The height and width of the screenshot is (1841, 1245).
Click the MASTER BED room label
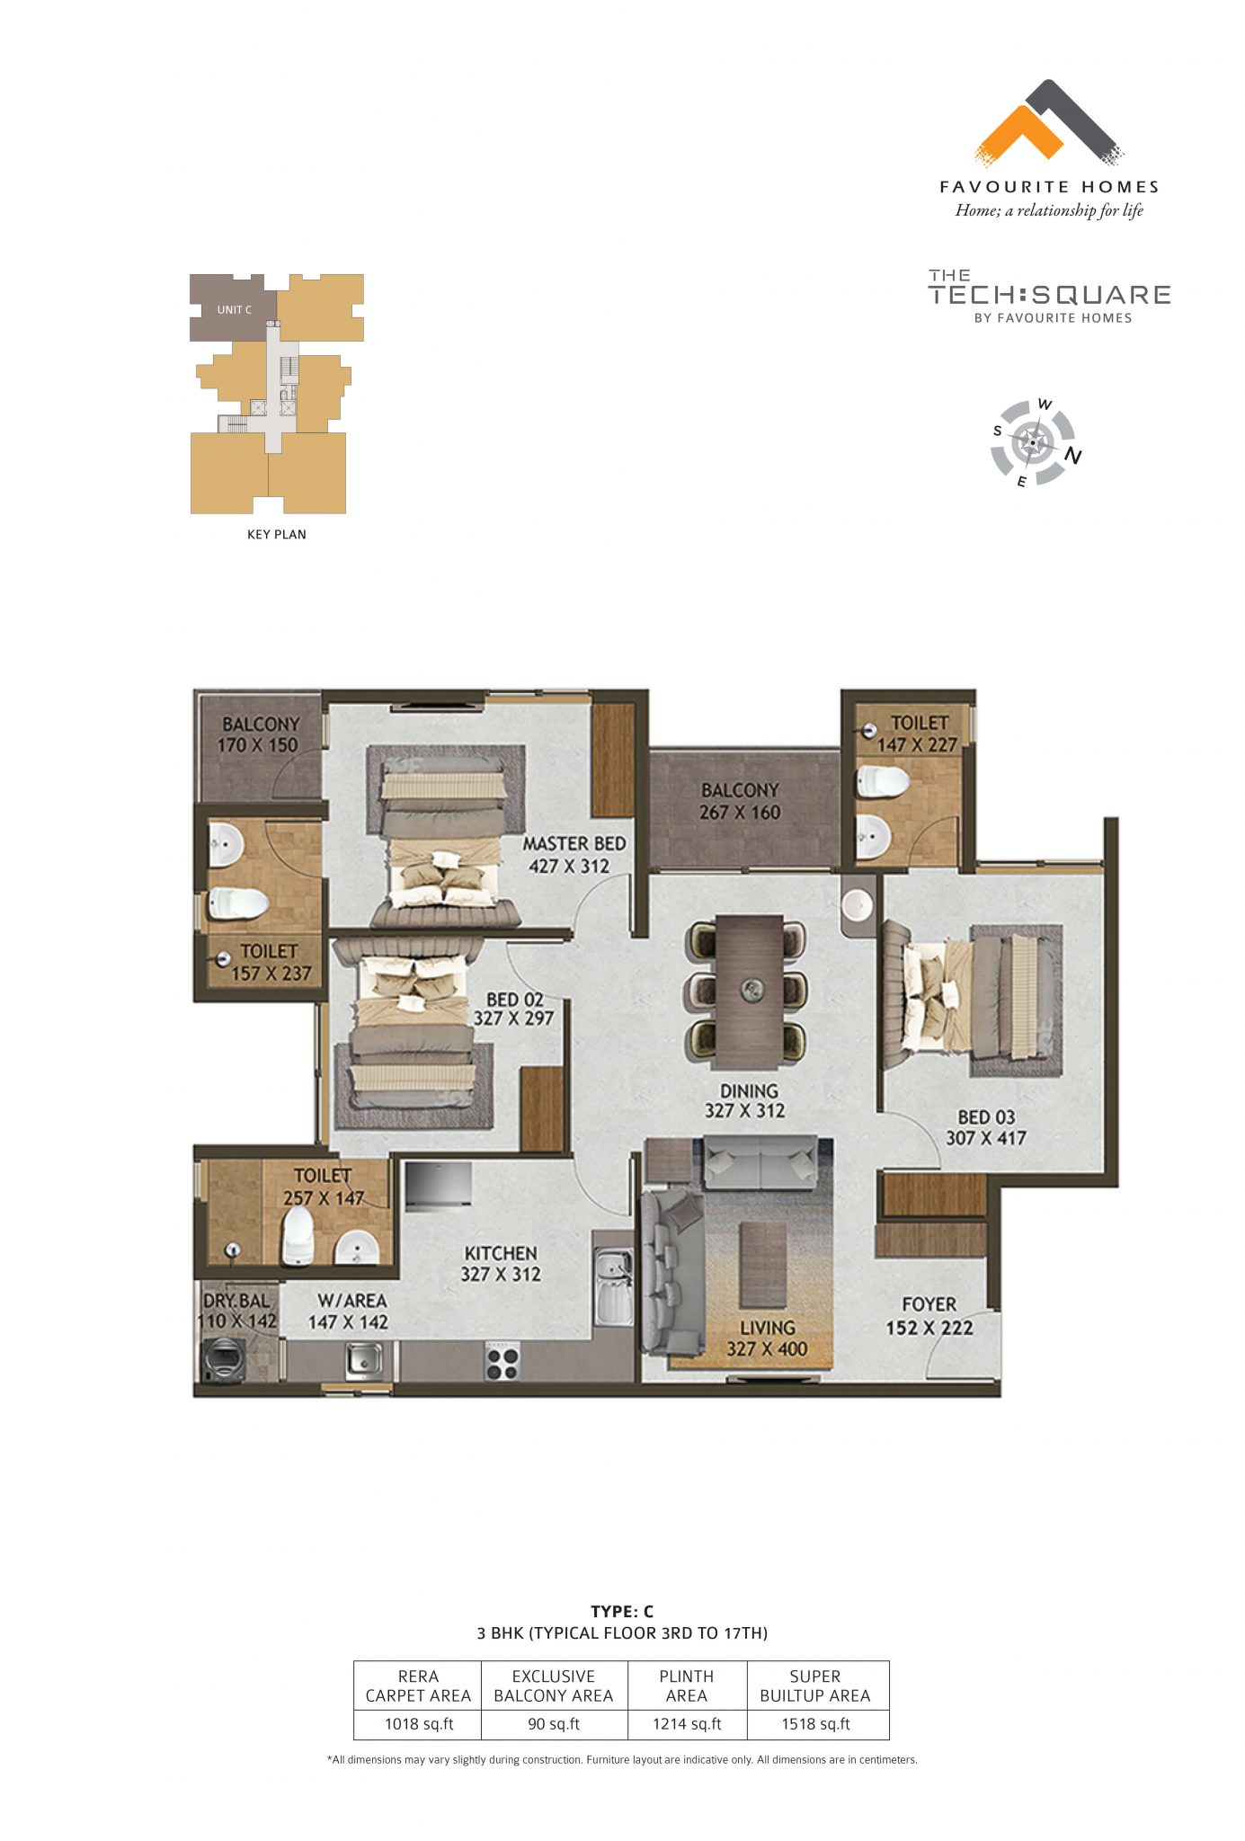point(574,843)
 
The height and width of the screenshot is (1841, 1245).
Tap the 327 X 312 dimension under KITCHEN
point(501,1274)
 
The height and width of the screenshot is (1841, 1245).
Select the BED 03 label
point(986,1116)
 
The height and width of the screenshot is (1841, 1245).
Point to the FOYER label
point(929,1303)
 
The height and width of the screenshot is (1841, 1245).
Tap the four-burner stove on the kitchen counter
point(502,1362)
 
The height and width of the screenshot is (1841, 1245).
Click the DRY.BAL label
point(236,1300)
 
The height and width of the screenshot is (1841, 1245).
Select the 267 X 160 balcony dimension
point(740,812)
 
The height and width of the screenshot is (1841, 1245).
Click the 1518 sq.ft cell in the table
point(815,1723)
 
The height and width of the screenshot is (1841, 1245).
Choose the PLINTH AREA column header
point(686,1685)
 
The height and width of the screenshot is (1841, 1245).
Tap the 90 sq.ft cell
point(553,1723)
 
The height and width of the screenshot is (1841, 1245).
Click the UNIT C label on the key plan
point(234,309)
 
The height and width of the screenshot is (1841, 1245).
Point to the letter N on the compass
point(1072,457)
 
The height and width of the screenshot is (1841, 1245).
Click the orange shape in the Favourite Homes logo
point(1017,135)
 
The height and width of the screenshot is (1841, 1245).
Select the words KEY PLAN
point(276,534)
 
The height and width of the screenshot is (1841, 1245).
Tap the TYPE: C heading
point(621,1611)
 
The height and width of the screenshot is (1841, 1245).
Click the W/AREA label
point(351,1300)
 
